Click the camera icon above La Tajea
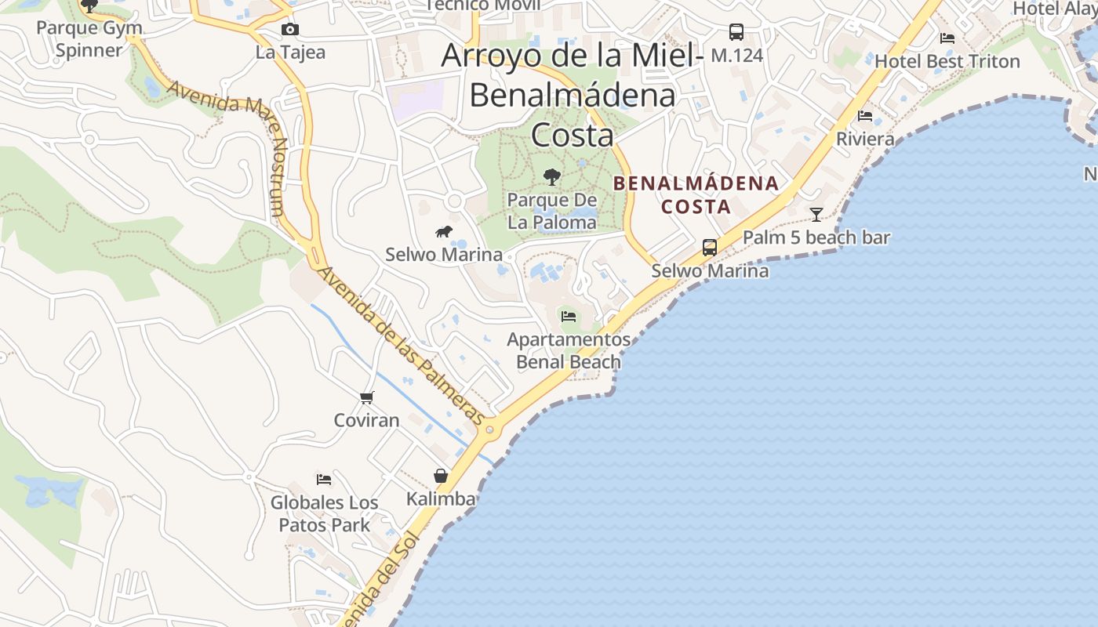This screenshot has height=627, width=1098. click(x=290, y=30)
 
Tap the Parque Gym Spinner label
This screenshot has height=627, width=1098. click(x=89, y=39)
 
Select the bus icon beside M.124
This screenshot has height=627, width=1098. click(x=736, y=32)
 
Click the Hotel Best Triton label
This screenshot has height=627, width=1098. click(x=947, y=61)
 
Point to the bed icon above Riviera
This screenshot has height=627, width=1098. click(x=865, y=116)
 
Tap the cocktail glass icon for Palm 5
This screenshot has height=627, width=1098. click(x=816, y=214)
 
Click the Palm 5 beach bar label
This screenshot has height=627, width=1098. click(x=816, y=237)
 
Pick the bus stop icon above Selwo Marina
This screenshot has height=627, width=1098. click(x=710, y=248)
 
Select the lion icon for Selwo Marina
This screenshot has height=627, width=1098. click(x=444, y=231)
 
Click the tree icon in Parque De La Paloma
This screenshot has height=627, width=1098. click(x=552, y=176)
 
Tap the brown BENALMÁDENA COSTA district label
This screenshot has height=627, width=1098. click(x=696, y=195)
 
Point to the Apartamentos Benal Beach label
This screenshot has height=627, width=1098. click(x=569, y=350)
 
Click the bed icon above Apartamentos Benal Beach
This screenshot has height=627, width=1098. click(x=569, y=317)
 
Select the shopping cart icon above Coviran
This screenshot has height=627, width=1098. click(x=366, y=398)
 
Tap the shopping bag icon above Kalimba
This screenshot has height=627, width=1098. click(x=441, y=476)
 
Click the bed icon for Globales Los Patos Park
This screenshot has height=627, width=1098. click(x=324, y=479)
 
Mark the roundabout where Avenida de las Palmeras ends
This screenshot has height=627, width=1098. click(x=490, y=429)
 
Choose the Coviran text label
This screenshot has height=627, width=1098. click(x=366, y=420)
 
